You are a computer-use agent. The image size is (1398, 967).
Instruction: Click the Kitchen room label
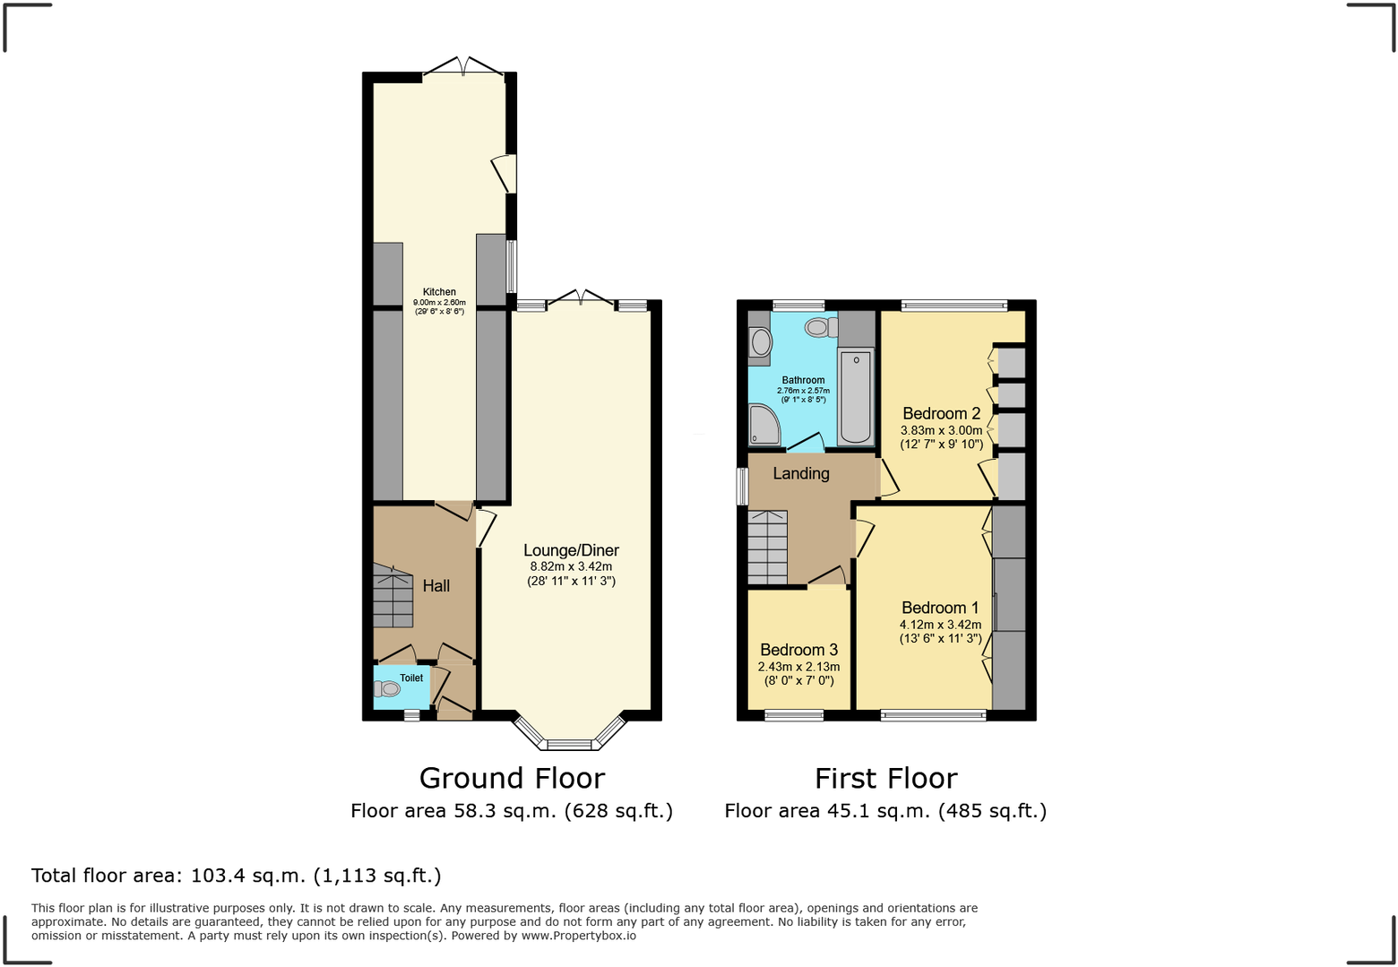click(439, 292)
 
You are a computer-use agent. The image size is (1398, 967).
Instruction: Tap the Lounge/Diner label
click(571, 550)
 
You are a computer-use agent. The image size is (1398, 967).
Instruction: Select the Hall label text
click(436, 586)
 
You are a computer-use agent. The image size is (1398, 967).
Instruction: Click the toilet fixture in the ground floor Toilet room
click(387, 689)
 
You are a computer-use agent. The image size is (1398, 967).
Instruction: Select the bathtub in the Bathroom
click(856, 396)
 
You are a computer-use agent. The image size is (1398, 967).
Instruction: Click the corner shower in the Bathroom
click(764, 426)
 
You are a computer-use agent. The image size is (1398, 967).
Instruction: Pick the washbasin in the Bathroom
click(761, 341)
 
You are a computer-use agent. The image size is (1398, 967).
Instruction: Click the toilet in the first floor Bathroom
click(819, 327)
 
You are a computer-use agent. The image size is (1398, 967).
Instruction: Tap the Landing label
click(801, 473)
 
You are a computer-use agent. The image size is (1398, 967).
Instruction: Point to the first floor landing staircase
click(767, 548)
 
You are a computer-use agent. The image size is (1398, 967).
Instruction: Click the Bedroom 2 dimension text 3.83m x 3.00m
click(941, 430)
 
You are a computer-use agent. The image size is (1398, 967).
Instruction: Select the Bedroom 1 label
click(940, 608)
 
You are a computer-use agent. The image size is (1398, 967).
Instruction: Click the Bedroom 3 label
click(798, 650)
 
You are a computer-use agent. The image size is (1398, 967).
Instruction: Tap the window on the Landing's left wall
click(742, 486)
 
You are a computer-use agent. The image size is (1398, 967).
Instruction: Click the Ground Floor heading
click(512, 778)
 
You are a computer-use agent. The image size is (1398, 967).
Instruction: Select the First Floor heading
click(885, 778)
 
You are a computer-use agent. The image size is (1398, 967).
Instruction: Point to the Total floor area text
click(237, 876)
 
